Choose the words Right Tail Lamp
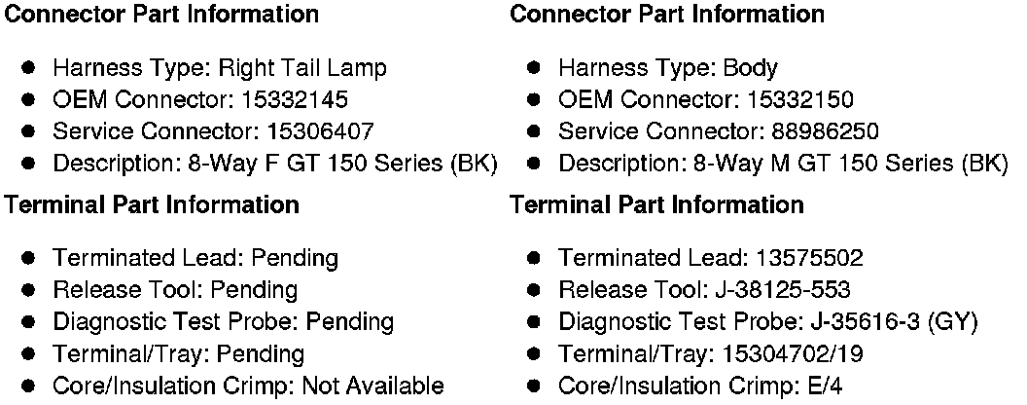(302, 68)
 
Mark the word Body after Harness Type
(750, 68)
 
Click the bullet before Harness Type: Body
(535, 68)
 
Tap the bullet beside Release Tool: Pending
(29, 290)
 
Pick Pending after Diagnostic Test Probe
(348, 322)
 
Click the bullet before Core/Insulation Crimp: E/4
(535, 386)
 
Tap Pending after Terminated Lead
(295, 258)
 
